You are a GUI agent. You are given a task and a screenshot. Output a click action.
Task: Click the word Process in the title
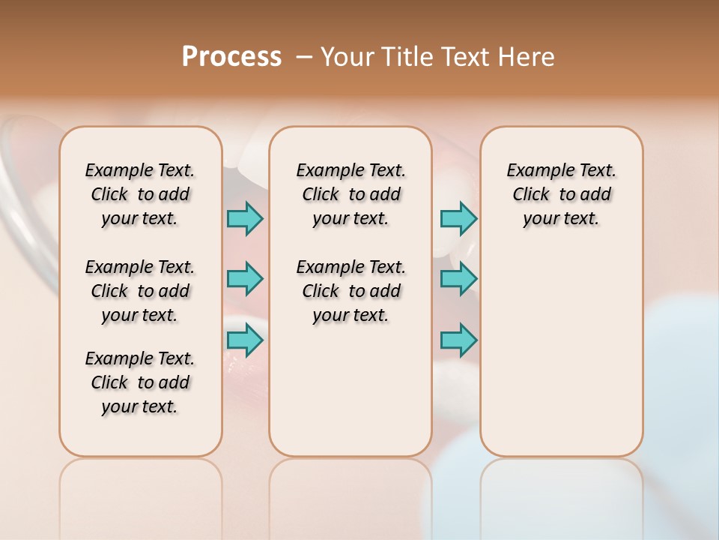point(231,56)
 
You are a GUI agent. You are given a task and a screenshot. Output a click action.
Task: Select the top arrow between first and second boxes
point(245,218)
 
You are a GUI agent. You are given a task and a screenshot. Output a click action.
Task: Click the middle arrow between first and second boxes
point(245,279)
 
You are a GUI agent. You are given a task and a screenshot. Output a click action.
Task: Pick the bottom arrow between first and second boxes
point(245,340)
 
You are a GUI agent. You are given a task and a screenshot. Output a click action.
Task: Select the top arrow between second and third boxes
point(458,218)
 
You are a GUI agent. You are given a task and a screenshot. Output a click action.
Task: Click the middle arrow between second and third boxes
point(458,279)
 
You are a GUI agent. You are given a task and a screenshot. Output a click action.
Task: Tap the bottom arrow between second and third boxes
point(458,340)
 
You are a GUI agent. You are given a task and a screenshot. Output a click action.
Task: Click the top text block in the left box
point(140,194)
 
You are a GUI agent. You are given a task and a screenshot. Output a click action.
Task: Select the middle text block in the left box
point(140,291)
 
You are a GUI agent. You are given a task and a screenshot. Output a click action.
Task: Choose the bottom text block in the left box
point(140,382)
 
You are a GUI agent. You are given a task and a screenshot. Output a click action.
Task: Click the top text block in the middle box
point(351,194)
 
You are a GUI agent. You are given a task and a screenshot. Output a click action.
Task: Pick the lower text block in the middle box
point(351,291)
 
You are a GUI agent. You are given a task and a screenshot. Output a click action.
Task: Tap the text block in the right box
point(561,194)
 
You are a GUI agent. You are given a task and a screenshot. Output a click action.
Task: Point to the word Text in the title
point(470,56)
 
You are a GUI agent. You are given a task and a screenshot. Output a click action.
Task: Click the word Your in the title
point(348,56)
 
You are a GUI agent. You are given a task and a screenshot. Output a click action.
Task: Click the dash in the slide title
point(304,56)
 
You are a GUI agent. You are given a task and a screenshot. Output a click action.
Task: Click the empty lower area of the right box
point(561,352)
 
